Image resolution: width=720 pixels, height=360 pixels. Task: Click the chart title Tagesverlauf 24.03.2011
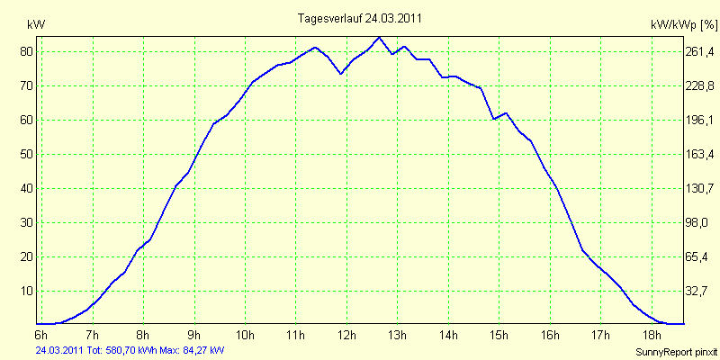[x=360, y=18]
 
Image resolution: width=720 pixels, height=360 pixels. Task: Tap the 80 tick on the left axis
[x=27, y=52]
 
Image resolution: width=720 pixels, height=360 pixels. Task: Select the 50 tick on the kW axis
[x=27, y=155]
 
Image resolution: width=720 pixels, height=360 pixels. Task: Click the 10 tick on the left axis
[x=27, y=292]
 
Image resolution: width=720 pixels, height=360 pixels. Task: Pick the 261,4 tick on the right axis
[x=699, y=52]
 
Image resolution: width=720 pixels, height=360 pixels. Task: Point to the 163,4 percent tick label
[x=699, y=155]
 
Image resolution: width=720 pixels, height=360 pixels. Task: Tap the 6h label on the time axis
[x=40, y=335]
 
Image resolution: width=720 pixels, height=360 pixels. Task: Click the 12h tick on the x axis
[x=346, y=335]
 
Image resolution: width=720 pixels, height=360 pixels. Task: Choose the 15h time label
[x=499, y=335]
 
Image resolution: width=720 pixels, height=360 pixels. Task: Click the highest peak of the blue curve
[x=379, y=38]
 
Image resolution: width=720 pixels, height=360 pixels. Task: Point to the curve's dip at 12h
[x=340, y=73]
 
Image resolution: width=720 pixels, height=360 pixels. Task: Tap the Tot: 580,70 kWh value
[x=121, y=350]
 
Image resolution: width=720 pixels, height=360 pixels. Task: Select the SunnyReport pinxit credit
[x=675, y=351]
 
